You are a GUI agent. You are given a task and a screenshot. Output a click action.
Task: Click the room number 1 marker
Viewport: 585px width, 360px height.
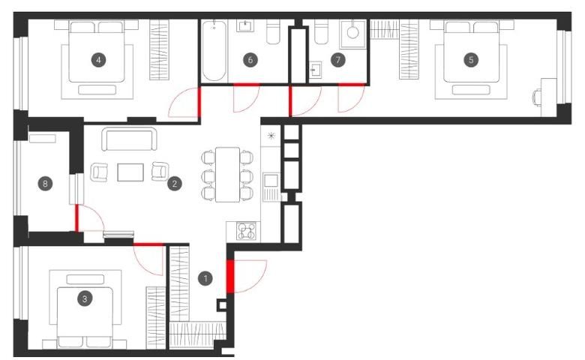205,278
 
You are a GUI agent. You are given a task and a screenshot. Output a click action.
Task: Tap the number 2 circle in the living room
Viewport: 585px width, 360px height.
174,183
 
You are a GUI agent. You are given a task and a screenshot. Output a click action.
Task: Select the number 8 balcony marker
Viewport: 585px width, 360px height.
45,183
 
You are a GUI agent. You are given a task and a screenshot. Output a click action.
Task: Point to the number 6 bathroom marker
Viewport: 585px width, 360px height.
250,60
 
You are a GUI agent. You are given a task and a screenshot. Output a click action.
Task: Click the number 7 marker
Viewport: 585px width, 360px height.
338,60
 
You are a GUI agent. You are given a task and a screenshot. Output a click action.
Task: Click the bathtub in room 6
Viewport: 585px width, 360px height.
214,50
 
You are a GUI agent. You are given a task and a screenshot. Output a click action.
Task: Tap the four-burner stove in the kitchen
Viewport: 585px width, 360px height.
246,230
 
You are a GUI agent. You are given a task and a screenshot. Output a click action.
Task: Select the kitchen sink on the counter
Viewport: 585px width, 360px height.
271,181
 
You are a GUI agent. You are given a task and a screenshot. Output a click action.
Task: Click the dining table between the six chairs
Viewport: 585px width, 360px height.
227,175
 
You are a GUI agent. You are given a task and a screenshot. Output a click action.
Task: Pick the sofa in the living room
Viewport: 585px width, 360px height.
129,139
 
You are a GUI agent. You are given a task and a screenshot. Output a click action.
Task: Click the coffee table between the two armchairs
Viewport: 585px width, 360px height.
130,172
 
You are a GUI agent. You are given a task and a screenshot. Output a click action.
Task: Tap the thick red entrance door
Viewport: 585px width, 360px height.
230,276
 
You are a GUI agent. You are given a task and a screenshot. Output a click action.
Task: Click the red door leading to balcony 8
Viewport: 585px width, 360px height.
76,217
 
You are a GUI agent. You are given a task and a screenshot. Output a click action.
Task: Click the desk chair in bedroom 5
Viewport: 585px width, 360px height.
537,97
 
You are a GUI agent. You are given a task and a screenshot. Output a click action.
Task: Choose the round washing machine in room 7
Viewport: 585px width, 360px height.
352,32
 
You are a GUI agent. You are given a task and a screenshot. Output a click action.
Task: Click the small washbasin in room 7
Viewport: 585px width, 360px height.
315,70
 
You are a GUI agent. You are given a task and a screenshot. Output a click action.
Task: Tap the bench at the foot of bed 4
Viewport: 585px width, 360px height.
97,89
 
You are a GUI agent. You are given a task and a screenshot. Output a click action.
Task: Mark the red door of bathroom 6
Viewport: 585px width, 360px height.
246,85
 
